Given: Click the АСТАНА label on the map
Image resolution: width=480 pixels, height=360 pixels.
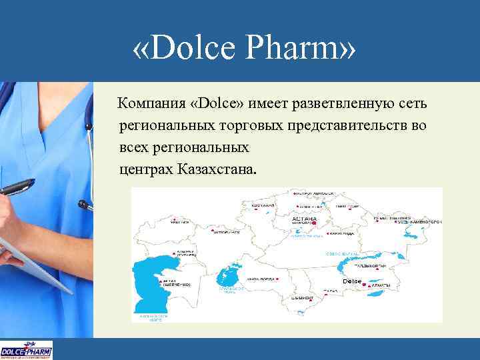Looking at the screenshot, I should click(x=305, y=219).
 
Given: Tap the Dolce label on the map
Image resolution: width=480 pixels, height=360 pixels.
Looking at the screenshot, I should click(x=351, y=282).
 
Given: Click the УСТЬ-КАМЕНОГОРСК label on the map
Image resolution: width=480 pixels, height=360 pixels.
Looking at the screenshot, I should click(x=419, y=221).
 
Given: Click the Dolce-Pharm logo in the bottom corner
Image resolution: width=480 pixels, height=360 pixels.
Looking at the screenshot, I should click(x=26, y=350).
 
